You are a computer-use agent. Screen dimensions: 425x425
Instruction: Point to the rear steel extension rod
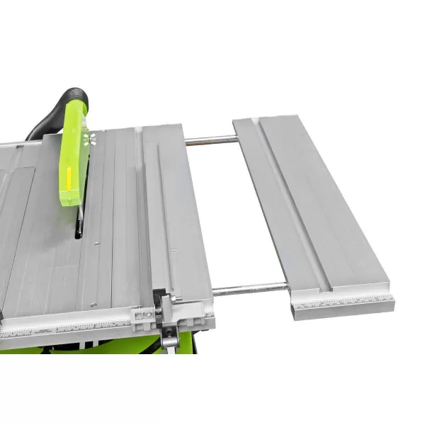point(211,140)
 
